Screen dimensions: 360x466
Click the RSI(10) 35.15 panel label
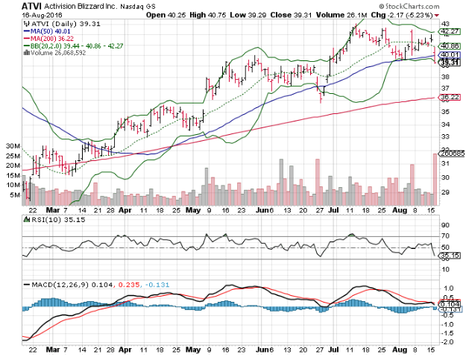click(48, 221)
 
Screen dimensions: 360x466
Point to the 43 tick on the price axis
click(444, 24)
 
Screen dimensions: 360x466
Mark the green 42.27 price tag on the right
click(448, 32)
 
